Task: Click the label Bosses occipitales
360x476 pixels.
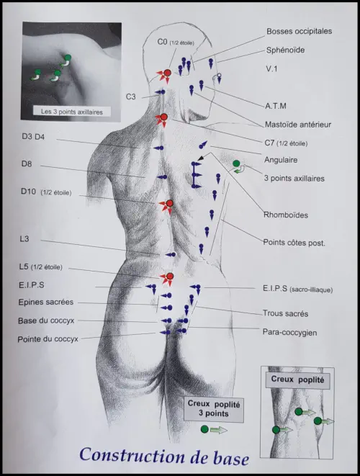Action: pos(299,31)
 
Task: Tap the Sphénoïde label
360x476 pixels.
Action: pos(285,50)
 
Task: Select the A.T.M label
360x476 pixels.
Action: pos(276,106)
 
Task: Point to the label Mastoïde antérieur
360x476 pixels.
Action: pos(298,125)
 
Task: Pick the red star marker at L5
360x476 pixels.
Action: pos(168,277)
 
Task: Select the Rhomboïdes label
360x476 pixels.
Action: pos(286,215)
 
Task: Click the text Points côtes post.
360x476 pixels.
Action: pos(294,243)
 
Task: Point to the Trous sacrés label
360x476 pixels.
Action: pos(285,313)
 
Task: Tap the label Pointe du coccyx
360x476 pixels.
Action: pos(48,339)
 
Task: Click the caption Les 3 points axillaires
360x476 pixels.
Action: pos(72,112)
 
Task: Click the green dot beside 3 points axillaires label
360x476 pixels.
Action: pos(236,163)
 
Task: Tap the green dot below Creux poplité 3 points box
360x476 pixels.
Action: pos(205,429)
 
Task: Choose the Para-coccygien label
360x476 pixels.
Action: pos(289,333)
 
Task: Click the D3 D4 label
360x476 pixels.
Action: pos(33,137)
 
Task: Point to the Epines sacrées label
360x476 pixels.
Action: pos(46,302)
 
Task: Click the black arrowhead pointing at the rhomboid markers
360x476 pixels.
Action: pos(200,158)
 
